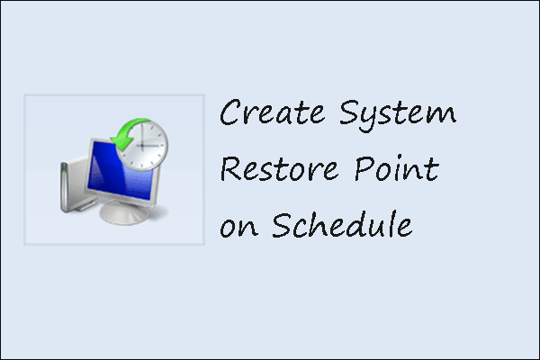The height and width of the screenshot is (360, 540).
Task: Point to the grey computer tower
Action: (x=66, y=185)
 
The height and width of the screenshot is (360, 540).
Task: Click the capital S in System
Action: (x=348, y=115)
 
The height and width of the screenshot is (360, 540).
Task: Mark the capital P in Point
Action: (x=356, y=170)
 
